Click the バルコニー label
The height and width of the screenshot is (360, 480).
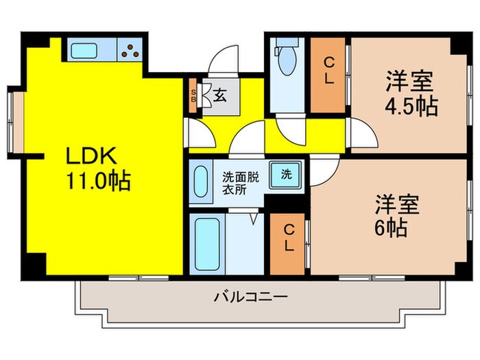pyautogui.click(x=250, y=298)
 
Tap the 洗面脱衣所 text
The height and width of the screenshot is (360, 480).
pyautogui.click(x=239, y=182)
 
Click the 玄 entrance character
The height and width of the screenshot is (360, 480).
pyautogui.click(x=219, y=96)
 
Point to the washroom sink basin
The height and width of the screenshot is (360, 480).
pyautogui.click(x=201, y=181)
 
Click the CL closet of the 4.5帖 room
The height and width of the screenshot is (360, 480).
pyautogui.click(x=328, y=74)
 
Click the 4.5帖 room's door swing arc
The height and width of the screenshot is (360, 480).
pyautogui.click(x=362, y=134)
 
